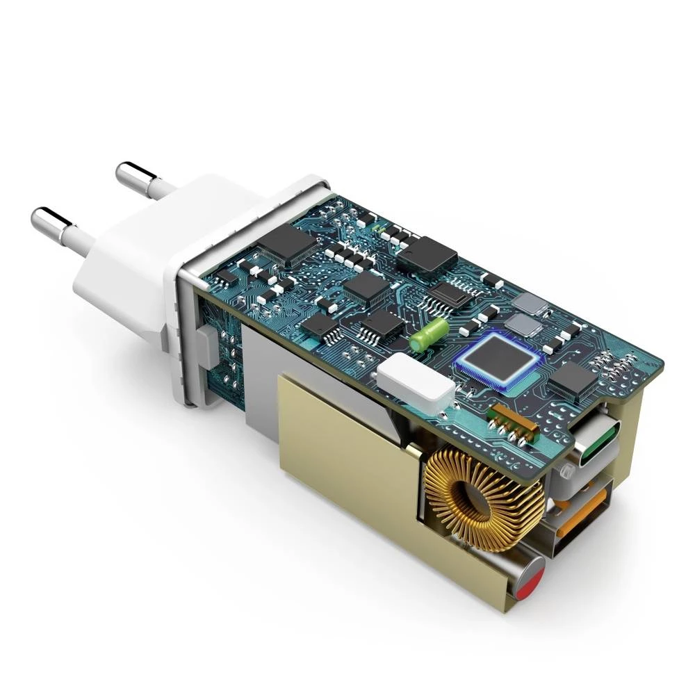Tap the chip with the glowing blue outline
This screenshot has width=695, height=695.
(498, 360)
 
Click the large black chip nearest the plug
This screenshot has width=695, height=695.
(286, 243)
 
